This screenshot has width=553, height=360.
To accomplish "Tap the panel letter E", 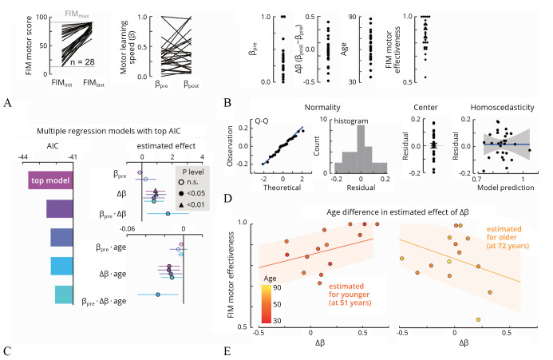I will [x=227, y=350].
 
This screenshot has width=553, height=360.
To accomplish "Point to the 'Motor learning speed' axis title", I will [x=125, y=44].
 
